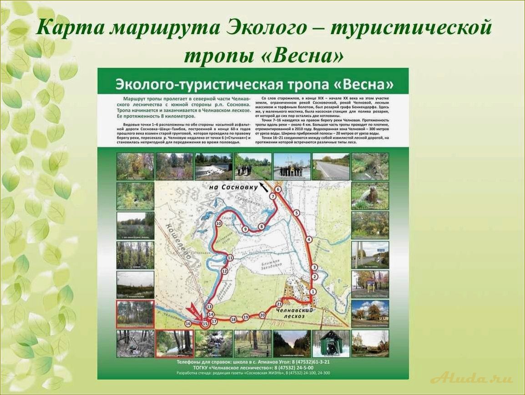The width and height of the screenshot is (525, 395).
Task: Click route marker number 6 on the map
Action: pos(278,189)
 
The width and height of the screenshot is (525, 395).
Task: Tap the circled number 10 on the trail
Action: pos(218,223)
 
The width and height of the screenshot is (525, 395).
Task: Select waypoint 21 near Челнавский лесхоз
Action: pos(279,304)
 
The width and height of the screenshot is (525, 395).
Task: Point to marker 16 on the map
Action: pos(188,324)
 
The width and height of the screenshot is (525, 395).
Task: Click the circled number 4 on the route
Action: pos(309,239)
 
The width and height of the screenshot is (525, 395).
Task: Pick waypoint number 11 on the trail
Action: pos(230,258)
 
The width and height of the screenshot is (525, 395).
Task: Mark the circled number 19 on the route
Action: pos(246,317)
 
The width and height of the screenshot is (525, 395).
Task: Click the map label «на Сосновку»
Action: pos(231,187)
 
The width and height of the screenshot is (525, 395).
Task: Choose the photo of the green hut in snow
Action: pos(331,343)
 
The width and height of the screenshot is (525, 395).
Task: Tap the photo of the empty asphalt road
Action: pos(331,167)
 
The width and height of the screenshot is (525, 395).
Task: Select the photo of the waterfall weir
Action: pos(213,167)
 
